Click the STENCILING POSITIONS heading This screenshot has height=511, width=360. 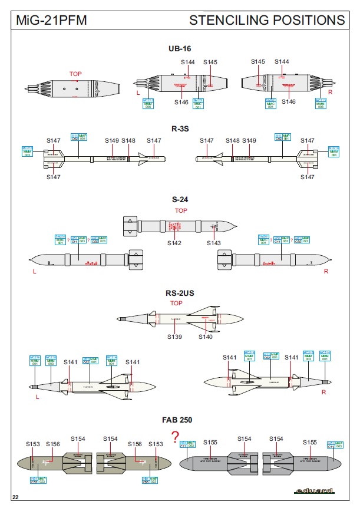pos(267,20)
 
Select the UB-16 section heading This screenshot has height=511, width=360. pos(180,48)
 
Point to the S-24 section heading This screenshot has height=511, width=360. pos(180,200)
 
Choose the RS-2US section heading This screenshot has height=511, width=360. pos(180,293)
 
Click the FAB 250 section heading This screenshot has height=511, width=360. pos(180,420)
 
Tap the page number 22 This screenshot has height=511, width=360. pos(16,498)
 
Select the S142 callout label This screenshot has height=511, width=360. pos(174,243)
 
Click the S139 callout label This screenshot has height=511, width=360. pos(174,337)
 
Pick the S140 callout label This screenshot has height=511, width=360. pos(205,337)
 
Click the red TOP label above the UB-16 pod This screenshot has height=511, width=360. pos(75,74)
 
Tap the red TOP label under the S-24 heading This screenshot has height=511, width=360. pos(181,210)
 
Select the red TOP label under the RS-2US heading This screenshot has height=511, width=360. pos(177,304)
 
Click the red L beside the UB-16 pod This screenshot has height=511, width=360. pos(138,93)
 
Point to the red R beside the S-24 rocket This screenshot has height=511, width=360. pos(326,272)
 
